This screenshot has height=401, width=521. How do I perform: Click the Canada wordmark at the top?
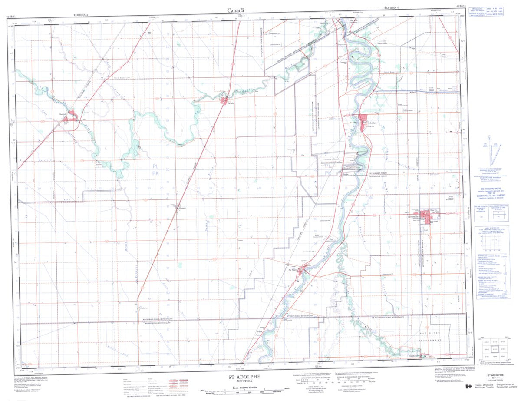pos(235,10)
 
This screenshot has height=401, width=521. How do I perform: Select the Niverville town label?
pos(412,216)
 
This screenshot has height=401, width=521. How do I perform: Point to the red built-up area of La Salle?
pos(225,102)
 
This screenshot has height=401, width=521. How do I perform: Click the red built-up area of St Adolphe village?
pos(363,119)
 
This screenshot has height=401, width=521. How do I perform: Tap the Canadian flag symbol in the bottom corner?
pos(469,387)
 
